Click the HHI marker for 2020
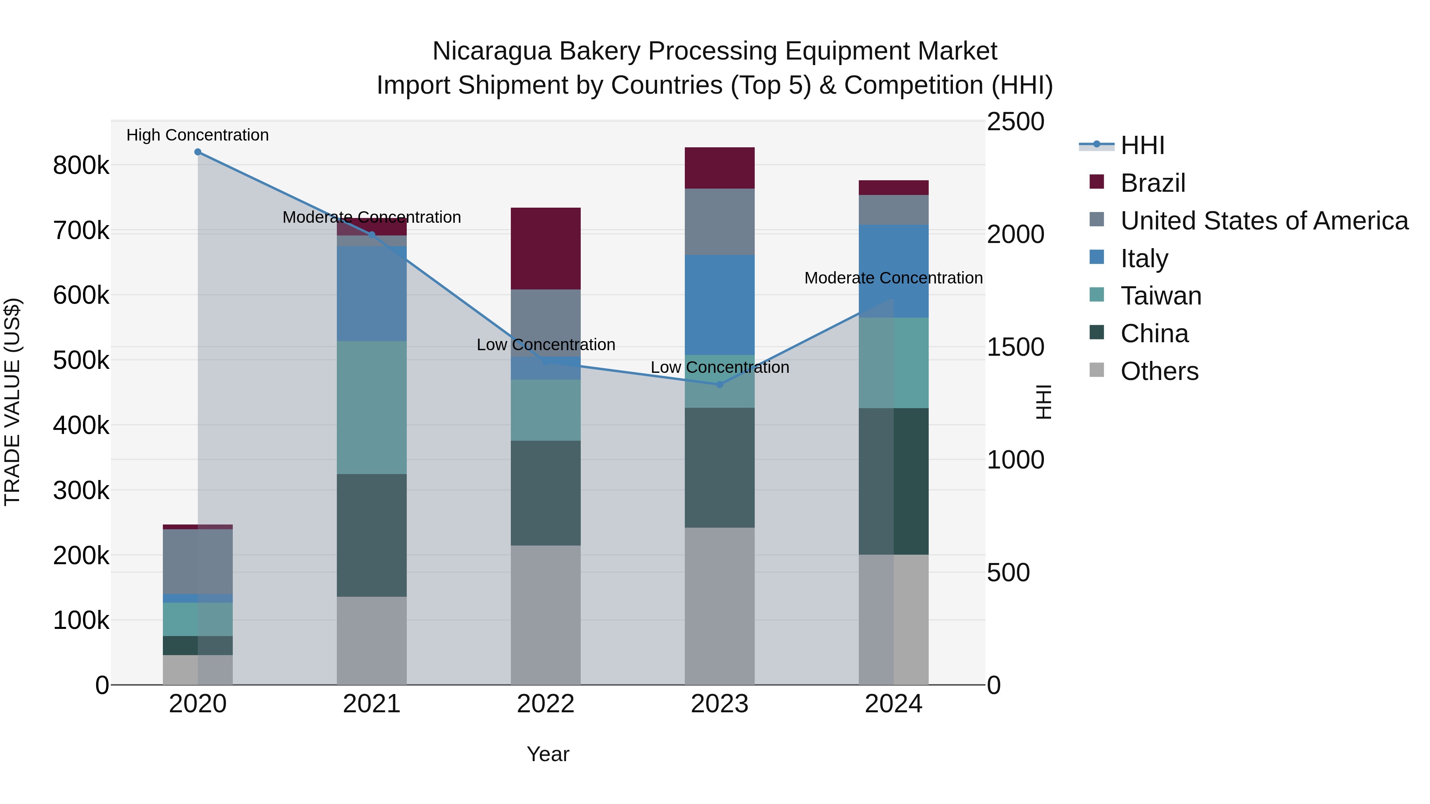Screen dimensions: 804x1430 point(198,152)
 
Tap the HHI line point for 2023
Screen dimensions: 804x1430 point(719,384)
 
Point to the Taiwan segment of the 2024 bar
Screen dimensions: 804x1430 point(893,363)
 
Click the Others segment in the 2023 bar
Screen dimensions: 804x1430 point(719,606)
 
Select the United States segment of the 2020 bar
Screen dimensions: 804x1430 point(198,561)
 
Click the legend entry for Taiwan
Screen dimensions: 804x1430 point(1161,296)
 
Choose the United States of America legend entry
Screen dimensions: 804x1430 point(1264,221)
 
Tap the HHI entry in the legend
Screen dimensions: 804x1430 point(1142,145)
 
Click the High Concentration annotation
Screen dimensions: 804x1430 point(198,135)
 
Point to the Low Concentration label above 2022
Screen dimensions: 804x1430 point(546,345)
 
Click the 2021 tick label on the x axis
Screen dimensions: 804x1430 point(371,704)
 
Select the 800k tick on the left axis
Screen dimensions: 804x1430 point(81,165)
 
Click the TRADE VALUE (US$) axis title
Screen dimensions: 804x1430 point(12,402)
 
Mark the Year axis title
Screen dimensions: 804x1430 point(548,754)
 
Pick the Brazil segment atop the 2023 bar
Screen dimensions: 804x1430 point(719,168)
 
